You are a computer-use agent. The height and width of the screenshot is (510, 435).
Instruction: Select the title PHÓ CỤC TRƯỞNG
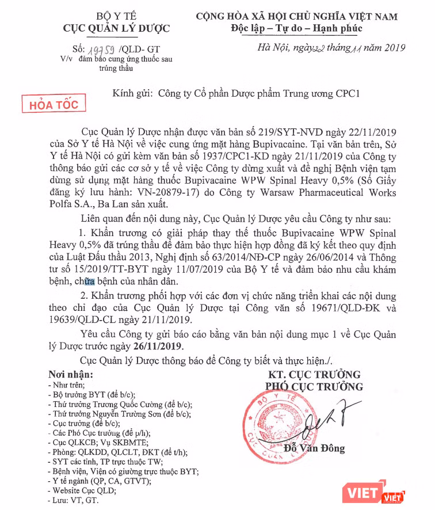tap(314, 387)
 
